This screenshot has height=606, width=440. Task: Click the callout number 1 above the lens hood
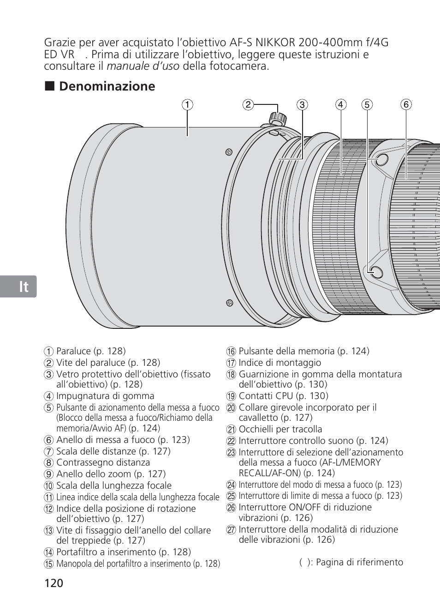187,105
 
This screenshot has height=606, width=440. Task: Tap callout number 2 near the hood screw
248,104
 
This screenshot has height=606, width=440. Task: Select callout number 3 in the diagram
302,105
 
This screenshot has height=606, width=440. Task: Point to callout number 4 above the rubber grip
340,105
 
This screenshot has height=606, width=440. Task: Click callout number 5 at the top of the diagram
367,105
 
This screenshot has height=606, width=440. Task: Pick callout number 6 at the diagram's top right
406,105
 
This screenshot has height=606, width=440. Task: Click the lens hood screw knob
277,118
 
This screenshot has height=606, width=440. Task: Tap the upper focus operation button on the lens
381,160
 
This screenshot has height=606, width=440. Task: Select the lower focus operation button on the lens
375,273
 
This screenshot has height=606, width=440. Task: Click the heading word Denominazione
107,86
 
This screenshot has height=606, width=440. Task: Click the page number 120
54,583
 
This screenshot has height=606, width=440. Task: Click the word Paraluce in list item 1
73,351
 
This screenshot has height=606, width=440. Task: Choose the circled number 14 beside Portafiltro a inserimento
49,552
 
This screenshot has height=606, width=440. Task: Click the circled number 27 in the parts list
231,530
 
